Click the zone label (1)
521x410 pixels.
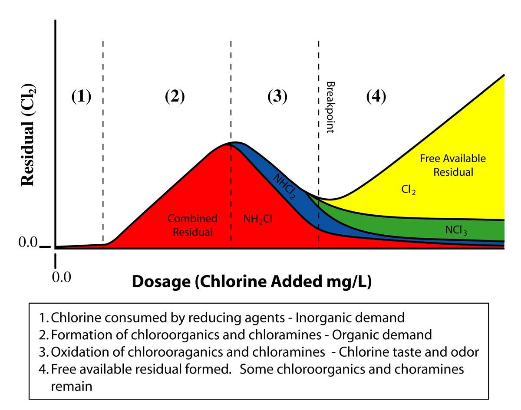tap(81, 97)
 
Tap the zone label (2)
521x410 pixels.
tap(175, 97)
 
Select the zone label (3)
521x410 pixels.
tap(277, 97)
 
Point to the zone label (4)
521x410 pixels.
tap(376, 97)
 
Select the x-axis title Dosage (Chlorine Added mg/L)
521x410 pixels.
tap(251, 282)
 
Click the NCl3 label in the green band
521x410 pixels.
tap(456, 230)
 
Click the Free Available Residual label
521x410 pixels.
tap(453, 165)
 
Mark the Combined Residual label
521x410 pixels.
tap(193, 225)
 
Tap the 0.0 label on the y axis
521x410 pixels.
tap(28, 243)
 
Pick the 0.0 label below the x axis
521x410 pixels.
tap(61, 277)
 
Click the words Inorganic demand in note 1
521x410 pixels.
tap(350, 318)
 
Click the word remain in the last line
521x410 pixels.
tap(72, 386)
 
